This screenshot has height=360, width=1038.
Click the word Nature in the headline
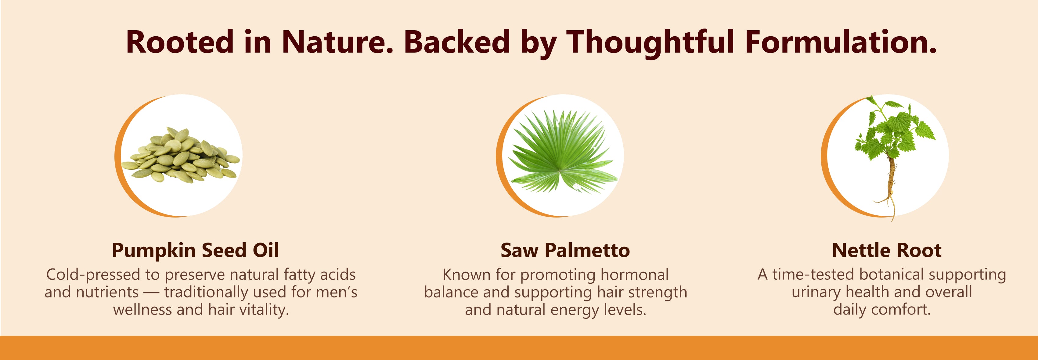tap(337, 41)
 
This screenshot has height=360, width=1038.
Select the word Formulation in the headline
tap(841, 41)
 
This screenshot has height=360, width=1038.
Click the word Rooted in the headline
tap(180, 41)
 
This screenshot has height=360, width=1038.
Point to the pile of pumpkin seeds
tap(181, 155)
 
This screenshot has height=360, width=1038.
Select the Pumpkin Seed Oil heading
tap(196, 250)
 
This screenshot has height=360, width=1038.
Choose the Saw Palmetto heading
tap(565, 250)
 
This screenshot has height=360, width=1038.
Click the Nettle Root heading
tap(886, 250)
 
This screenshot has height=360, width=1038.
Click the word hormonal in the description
tap(635, 275)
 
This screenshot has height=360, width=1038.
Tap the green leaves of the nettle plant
tap(895, 128)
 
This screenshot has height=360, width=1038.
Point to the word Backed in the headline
tap(457, 41)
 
